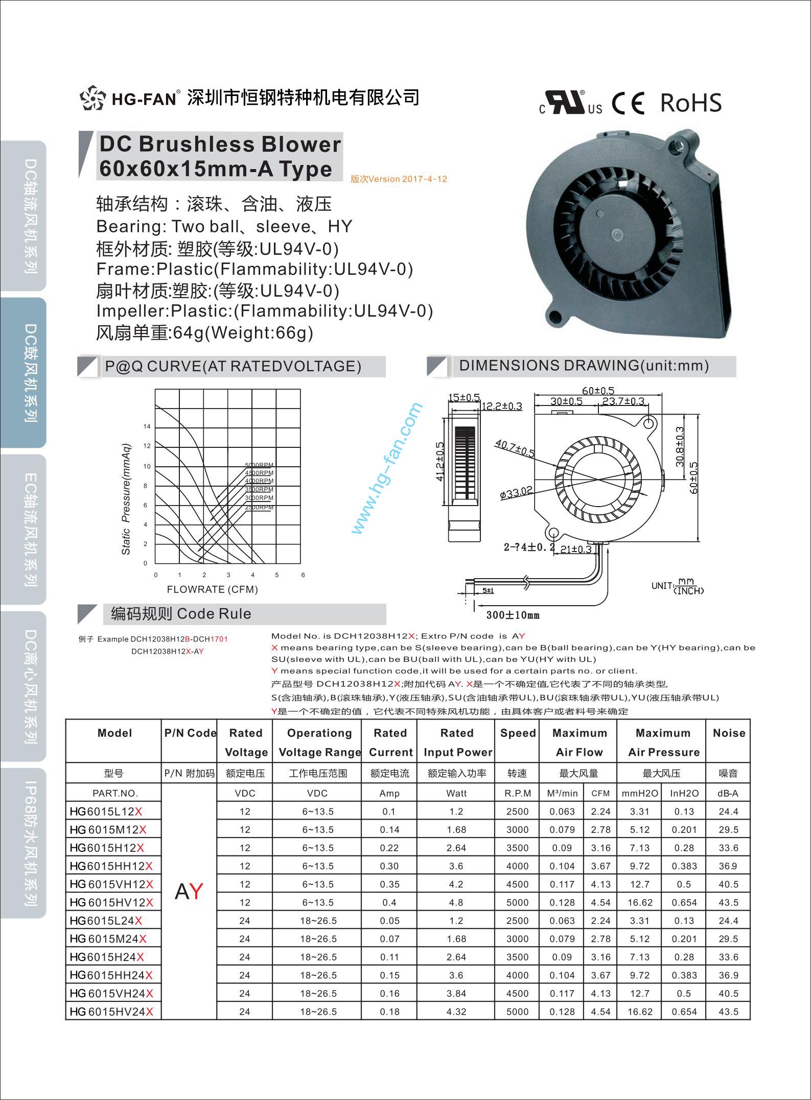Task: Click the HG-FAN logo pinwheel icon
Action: pyautogui.click(x=92, y=98)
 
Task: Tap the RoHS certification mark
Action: pyautogui.click(x=691, y=103)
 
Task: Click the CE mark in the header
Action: pyautogui.click(x=628, y=104)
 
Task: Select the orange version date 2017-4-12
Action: pyautogui.click(x=399, y=179)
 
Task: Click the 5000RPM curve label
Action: pyautogui.click(x=260, y=465)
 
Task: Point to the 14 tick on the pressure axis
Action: pyautogui.click(x=147, y=426)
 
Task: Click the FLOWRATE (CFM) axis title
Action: pyautogui.click(x=212, y=589)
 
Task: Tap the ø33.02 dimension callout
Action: pyautogui.click(x=516, y=492)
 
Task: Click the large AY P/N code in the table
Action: pyautogui.click(x=189, y=891)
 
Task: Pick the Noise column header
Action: pyautogui.click(x=729, y=733)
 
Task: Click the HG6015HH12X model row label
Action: pyautogui.click(x=111, y=866)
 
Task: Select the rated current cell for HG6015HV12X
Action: pyautogui.click(x=389, y=902)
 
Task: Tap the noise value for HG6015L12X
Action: pyautogui.click(x=728, y=811)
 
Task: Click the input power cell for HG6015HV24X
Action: pyautogui.click(x=456, y=1012)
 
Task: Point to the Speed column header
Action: pyautogui.click(x=517, y=733)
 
